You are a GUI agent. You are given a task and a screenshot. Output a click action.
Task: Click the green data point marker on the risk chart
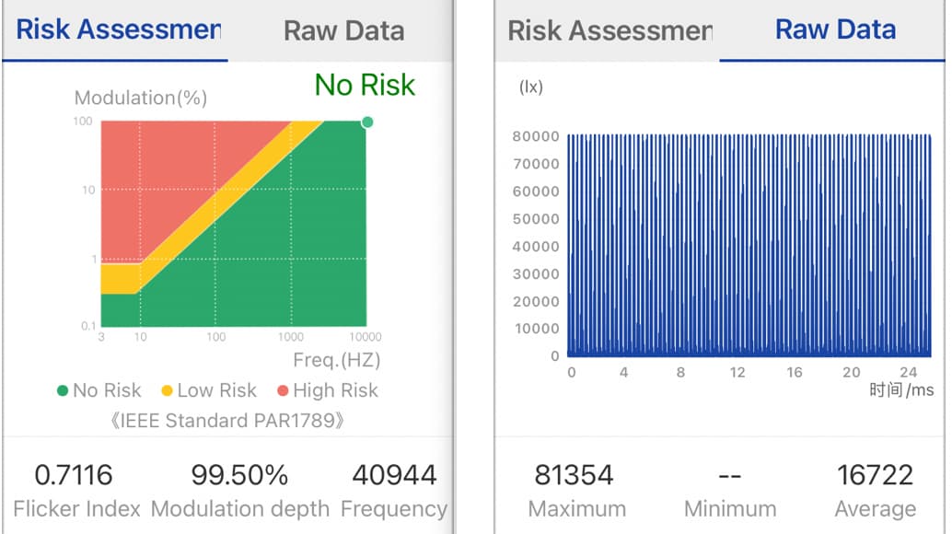pos(367,122)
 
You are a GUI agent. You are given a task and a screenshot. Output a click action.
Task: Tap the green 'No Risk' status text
pos(365,85)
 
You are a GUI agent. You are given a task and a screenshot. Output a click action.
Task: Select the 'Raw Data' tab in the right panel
pos(835,29)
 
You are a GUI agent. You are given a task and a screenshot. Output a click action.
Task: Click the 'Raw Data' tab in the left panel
pos(343,30)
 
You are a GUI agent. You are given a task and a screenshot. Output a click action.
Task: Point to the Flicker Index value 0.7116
pos(74,475)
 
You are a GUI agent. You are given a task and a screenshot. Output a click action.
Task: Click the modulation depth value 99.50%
pos(239,475)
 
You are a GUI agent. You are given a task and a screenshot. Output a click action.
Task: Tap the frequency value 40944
pos(395,475)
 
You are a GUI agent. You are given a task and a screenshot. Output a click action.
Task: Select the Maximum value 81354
pos(574,475)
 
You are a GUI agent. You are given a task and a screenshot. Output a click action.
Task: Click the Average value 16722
pos(875,475)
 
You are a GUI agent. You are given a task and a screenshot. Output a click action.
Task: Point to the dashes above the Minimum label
pos(730,476)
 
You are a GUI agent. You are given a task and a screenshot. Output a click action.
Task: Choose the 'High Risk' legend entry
pos(328,390)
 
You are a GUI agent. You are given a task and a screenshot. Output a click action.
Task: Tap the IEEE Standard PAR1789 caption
pos(227,421)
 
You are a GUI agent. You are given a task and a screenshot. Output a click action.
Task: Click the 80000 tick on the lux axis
pos(536,136)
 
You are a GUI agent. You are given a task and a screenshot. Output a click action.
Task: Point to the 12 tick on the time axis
pos(737,372)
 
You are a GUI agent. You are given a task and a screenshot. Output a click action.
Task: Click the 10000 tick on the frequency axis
pos(366,337)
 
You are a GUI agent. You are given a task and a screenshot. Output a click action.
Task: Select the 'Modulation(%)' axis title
pos(141,98)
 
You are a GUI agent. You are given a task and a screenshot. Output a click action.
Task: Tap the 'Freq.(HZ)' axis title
pos(337,360)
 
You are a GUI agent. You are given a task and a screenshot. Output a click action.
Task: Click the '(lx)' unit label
pos(531,87)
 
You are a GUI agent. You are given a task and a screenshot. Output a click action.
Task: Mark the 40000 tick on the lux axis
pos(536,247)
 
